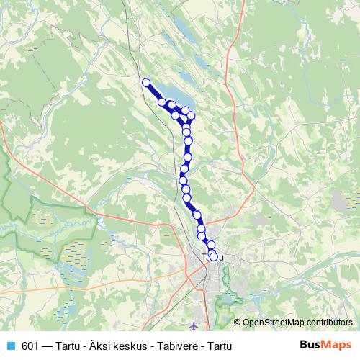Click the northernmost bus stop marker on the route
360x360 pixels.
coord(146,82)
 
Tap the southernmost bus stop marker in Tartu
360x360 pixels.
coord(213,256)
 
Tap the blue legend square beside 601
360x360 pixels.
coord(10,346)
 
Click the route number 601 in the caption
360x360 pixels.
coord(30,346)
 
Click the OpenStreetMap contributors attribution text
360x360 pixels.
coord(297,323)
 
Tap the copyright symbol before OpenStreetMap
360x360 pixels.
coord(238,323)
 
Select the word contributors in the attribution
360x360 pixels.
coord(328,323)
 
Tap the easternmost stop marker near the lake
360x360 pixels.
coord(191,115)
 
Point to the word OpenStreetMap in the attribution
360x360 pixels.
coord(271,323)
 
